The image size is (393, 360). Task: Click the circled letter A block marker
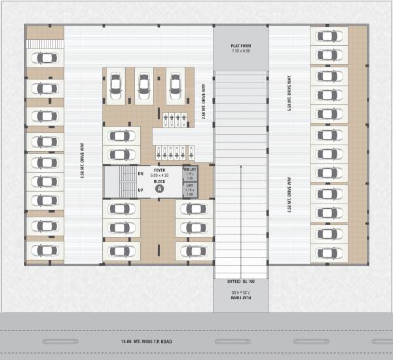click(x=159, y=189)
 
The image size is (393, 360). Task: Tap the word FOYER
click(x=159, y=170)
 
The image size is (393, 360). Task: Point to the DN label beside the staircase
click(x=140, y=173)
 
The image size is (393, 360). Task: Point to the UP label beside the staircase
click(x=140, y=190)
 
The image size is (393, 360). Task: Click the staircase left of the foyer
click(x=118, y=182)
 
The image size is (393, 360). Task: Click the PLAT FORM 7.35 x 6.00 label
click(x=240, y=48)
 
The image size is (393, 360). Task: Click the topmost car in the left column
click(x=45, y=58)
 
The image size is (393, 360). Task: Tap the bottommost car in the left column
click(x=45, y=250)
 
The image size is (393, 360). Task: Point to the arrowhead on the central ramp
click(x=240, y=166)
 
